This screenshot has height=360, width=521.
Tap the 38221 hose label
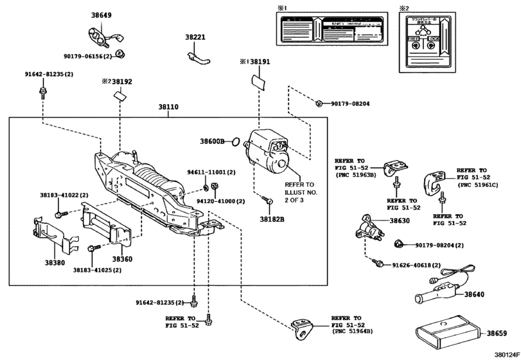pyautogui.click(x=195, y=38)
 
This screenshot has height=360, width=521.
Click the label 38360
pyautogui.click(x=123, y=259)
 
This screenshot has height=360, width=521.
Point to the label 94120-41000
pyautogui.click(x=220, y=201)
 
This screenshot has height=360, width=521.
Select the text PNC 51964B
pyautogui.click(x=353, y=332)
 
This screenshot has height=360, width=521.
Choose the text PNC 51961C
pyautogui.click(x=480, y=184)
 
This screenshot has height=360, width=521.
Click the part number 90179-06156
pyautogui.click(x=88, y=57)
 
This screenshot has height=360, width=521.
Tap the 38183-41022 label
pyautogui.click(x=59, y=194)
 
